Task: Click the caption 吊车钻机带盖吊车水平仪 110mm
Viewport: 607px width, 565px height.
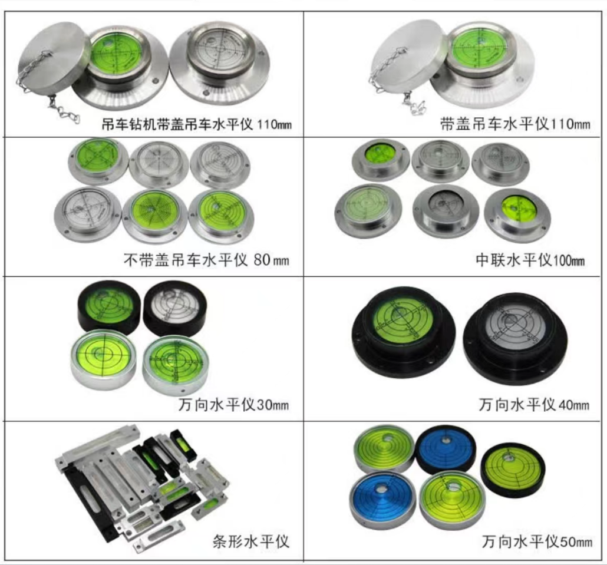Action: [x=196, y=124]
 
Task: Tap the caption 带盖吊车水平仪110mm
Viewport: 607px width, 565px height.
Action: [x=515, y=124]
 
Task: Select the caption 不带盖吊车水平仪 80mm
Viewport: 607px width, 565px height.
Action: [x=206, y=260]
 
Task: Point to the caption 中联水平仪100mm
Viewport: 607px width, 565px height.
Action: [x=530, y=260]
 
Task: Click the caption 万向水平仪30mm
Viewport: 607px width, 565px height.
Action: [x=233, y=405]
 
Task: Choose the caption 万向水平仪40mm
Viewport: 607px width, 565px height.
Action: [x=534, y=405]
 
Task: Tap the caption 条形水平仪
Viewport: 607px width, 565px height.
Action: [x=251, y=541]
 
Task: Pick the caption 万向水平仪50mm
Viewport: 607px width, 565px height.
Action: [x=537, y=541]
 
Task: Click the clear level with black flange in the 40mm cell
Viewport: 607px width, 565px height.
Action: [x=515, y=338]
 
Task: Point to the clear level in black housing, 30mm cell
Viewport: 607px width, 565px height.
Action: [x=175, y=308]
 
